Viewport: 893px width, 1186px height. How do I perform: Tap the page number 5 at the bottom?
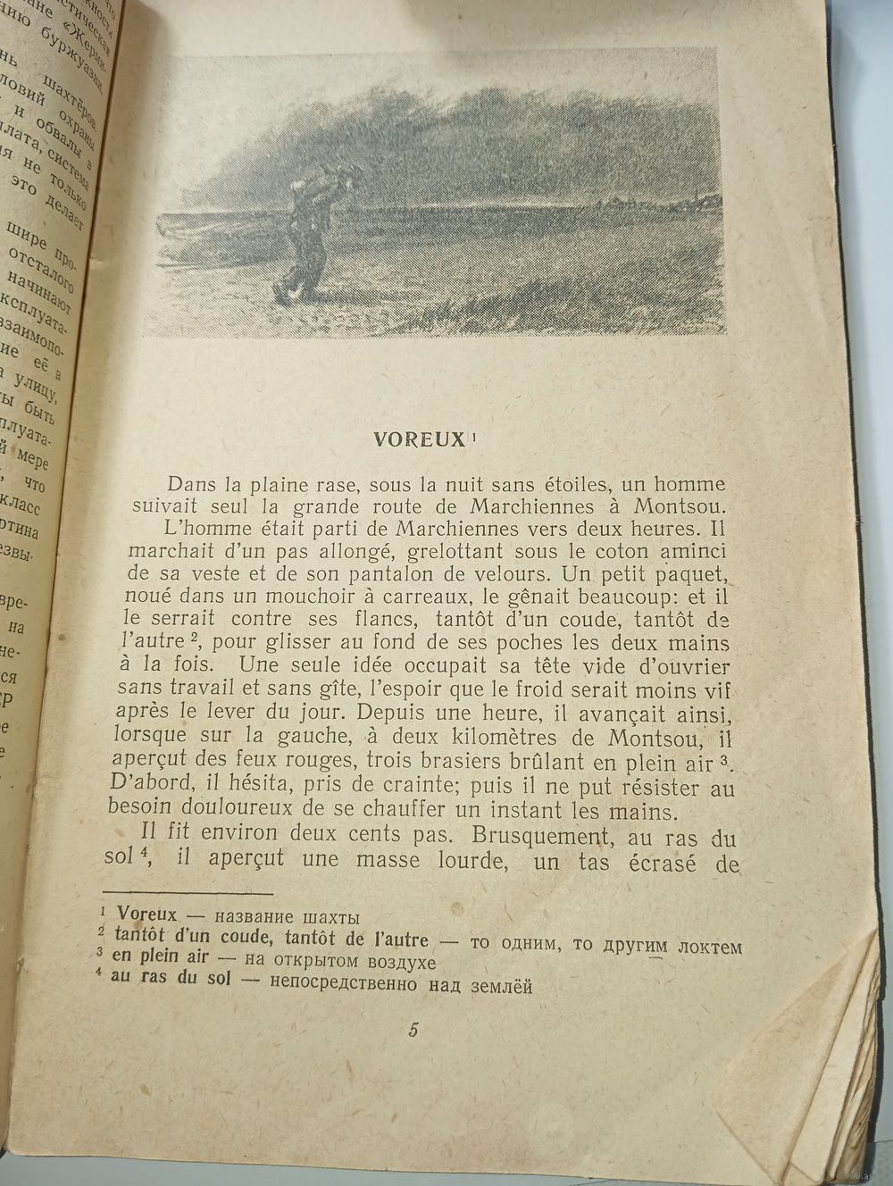[413, 1029]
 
